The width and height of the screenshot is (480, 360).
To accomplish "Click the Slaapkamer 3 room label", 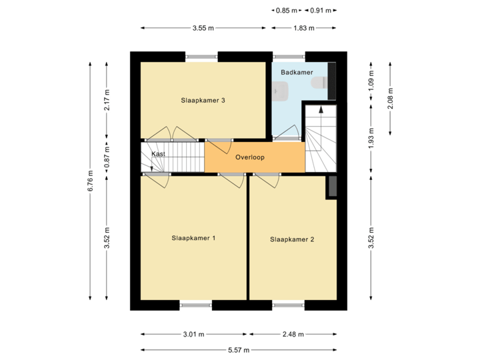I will click(203, 101).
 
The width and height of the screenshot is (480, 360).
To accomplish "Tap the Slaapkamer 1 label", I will click(193, 238).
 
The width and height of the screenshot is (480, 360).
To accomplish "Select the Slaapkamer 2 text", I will click(292, 239).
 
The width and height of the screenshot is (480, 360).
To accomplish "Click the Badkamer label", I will click(297, 71).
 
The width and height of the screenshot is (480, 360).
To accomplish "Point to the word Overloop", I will click(250, 158).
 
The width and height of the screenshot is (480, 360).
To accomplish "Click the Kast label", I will click(158, 154).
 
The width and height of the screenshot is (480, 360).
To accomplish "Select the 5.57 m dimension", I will click(238, 349).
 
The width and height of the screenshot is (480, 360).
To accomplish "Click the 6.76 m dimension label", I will click(91, 181).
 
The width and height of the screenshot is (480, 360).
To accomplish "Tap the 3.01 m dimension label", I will click(193, 334).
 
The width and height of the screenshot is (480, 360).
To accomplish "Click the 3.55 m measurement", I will click(203, 28).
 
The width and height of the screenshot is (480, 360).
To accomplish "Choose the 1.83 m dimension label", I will click(304, 28).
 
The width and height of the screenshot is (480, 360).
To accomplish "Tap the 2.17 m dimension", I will click(107, 101).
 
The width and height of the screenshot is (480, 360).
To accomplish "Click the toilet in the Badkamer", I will click(322, 83).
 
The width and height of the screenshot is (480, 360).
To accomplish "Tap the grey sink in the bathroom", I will click(281, 90).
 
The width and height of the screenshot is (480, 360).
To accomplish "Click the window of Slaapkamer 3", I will click(203, 56).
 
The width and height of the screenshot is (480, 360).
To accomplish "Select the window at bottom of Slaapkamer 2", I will click(289, 306).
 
